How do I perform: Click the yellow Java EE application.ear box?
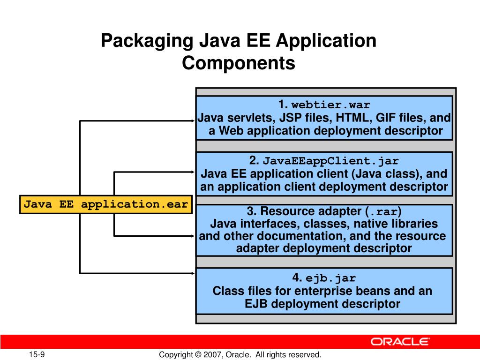click(106, 204)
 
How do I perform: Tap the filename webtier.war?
click(331, 105)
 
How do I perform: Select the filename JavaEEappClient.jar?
click(330, 161)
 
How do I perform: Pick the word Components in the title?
click(239, 63)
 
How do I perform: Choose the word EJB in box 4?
click(256, 304)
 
